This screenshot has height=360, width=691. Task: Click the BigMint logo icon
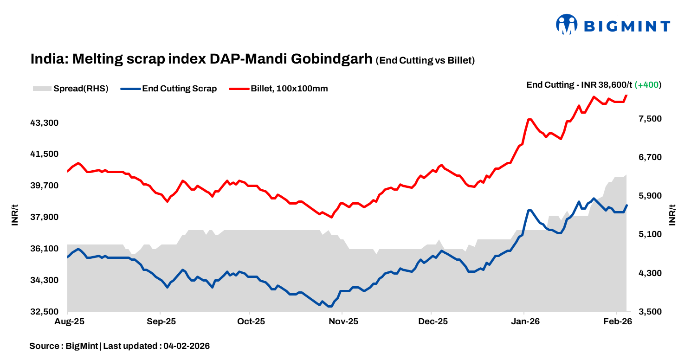[567, 25]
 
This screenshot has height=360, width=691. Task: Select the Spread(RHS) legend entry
[71, 89]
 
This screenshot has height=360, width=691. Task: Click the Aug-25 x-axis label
[68, 321]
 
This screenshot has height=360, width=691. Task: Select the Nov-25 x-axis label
[342, 321]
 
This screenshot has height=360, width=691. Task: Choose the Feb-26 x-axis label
[617, 321]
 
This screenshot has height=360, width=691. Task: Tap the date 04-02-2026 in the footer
[187, 346]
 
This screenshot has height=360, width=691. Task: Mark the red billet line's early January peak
[530, 119]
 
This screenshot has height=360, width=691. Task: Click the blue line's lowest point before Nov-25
[329, 306]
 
